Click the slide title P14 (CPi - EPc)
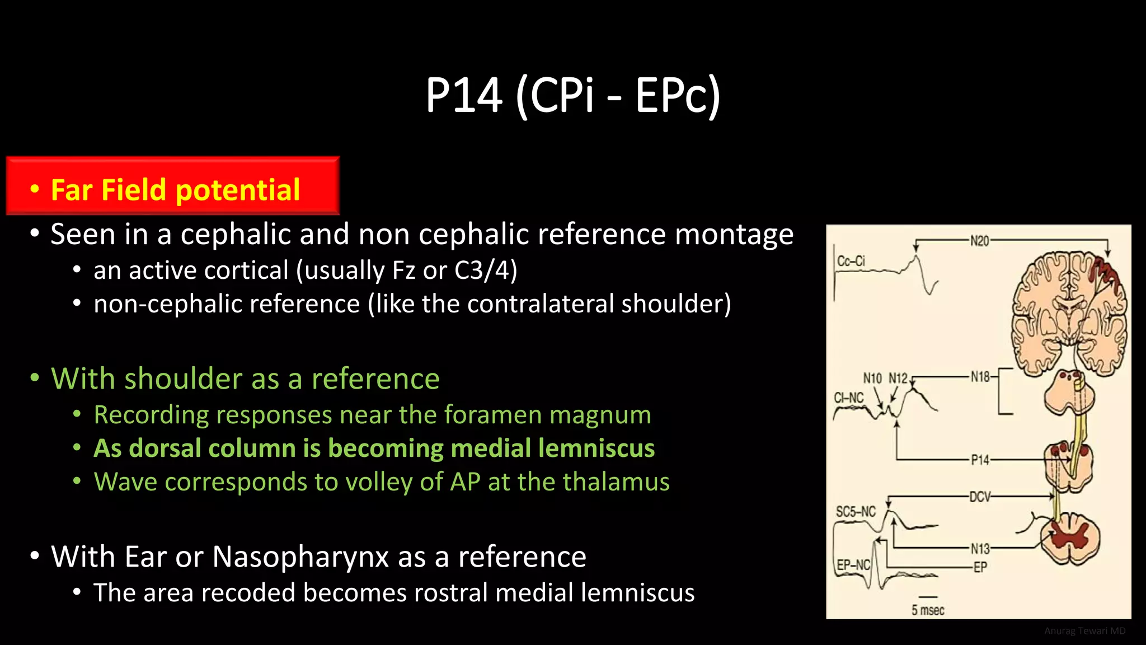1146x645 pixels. click(x=572, y=95)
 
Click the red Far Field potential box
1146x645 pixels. click(x=173, y=186)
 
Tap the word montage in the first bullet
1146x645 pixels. click(x=734, y=234)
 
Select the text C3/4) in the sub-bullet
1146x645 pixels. click(x=485, y=270)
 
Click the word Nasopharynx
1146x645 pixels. click(x=300, y=557)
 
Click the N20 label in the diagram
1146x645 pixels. click(x=979, y=241)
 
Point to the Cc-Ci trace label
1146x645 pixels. click(x=851, y=261)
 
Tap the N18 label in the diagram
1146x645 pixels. click(x=980, y=377)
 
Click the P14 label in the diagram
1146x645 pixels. click(x=980, y=460)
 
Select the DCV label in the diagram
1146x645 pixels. click(x=980, y=497)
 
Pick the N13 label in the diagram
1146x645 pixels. click(x=980, y=549)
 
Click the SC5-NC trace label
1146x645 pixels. click(x=856, y=512)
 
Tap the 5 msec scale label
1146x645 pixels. click(x=928, y=610)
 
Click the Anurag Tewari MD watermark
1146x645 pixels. click(x=1084, y=631)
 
